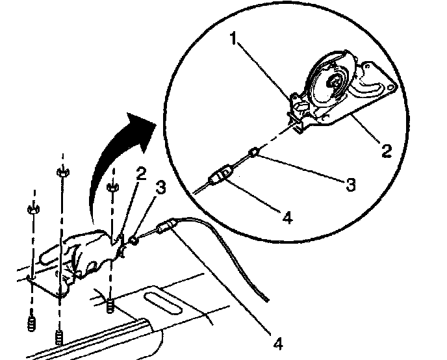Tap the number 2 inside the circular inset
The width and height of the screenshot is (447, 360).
coord(387,151)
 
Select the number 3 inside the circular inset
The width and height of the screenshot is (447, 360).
coord(350,184)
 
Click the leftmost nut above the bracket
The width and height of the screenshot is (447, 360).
coord(31,210)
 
